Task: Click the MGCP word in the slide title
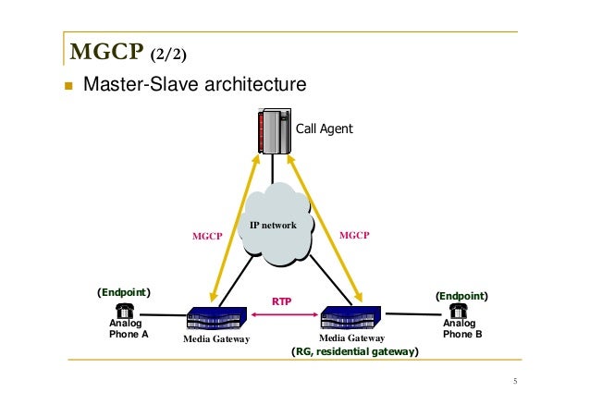tap(98, 48)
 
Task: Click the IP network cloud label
tap(274, 225)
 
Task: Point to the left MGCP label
tap(207, 236)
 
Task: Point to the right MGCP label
tap(354, 236)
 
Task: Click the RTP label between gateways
tap(282, 301)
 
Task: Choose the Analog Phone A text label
tap(129, 329)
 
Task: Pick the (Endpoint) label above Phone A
tap(124, 292)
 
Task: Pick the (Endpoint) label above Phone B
tap(461, 296)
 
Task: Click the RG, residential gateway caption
tap(355, 352)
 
